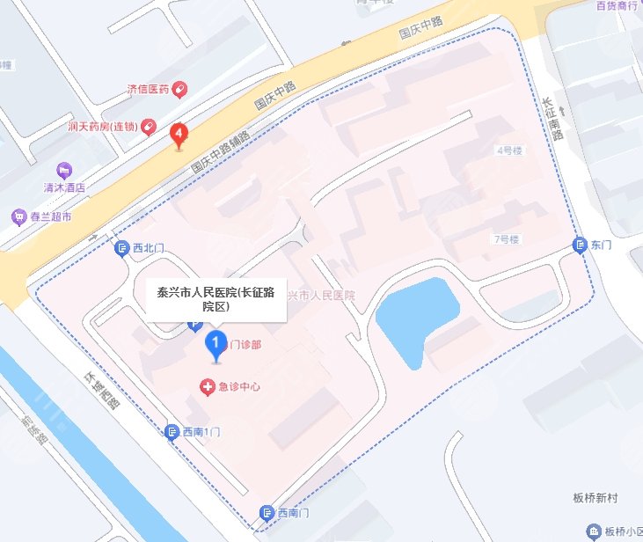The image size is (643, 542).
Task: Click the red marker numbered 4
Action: point(180,135)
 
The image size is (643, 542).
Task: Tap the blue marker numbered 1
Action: point(214,342)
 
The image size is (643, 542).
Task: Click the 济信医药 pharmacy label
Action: point(148,89)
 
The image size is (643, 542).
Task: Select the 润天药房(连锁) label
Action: point(102,127)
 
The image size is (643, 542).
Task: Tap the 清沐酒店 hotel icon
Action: point(62,169)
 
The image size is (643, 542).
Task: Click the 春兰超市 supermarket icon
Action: point(18,216)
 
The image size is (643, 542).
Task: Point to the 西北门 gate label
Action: point(149,248)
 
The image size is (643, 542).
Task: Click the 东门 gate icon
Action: point(580,245)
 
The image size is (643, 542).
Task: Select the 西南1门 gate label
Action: point(207,432)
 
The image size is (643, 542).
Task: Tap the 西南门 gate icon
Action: point(267,512)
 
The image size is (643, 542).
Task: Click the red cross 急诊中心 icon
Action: point(208,386)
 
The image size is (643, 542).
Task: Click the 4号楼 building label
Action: point(510,150)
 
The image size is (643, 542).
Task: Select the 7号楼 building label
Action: point(508,239)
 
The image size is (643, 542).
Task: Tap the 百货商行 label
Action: point(615,5)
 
